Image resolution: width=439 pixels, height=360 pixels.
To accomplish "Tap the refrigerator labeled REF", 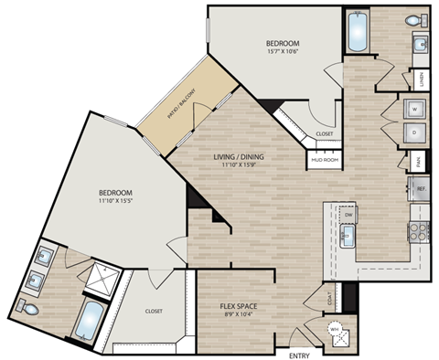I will tap(420, 189).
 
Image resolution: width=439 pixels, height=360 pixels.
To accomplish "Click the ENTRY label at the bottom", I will tap(300, 354).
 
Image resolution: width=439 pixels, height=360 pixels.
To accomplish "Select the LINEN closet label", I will tap(422, 80).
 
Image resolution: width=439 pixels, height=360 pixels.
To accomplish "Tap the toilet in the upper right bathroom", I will tap(414, 19).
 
